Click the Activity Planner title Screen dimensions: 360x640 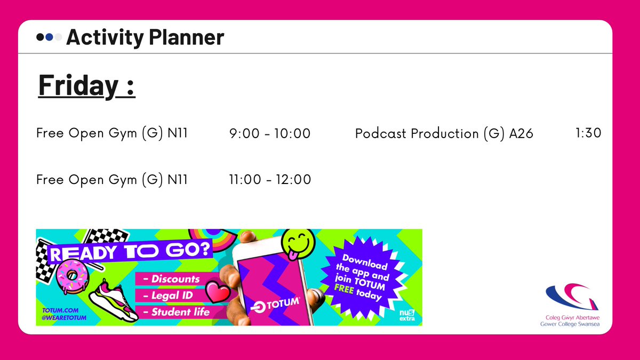(145, 37)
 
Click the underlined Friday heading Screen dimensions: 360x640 (87, 85)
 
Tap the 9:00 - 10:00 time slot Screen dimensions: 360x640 (269, 133)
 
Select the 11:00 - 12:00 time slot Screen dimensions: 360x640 (270, 180)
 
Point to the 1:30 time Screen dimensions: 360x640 (588, 133)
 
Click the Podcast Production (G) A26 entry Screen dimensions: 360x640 (444, 133)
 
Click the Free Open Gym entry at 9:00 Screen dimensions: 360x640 (111, 133)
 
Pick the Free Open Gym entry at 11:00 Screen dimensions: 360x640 (111, 180)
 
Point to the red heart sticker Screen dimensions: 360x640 (218, 293)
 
